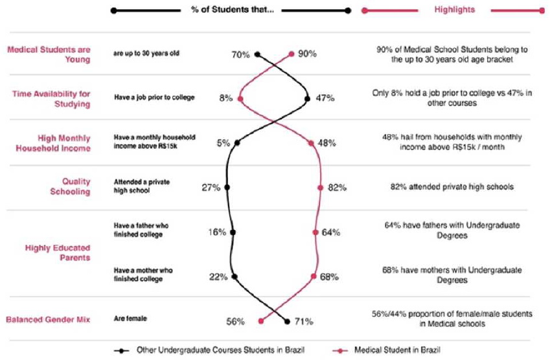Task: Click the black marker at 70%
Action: click(x=257, y=54)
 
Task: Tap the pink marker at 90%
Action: click(x=292, y=54)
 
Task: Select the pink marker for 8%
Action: click(x=240, y=98)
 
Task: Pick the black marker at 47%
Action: click(x=307, y=98)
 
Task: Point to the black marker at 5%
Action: click(x=237, y=143)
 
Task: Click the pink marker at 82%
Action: click(x=320, y=188)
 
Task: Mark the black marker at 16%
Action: click(x=233, y=232)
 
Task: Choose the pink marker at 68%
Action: click(x=314, y=276)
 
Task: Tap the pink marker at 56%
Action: click(x=260, y=321)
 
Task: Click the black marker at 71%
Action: click(x=288, y=321)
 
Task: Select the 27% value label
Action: click(x=211, y=188)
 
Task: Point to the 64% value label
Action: click(x=331, y=232)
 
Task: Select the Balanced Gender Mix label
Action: click(x=49, y=320)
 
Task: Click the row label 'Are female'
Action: click(x=130, y=319)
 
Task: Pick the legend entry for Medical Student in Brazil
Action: click(x=395, y=350)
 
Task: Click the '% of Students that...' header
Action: click(x=231, y=10)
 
